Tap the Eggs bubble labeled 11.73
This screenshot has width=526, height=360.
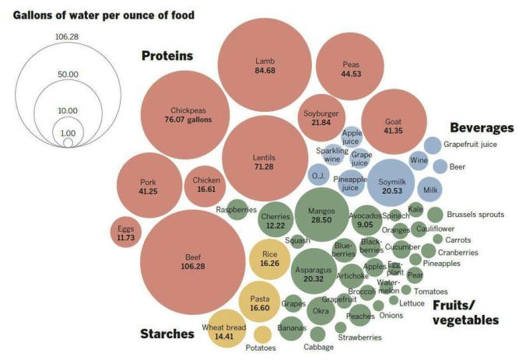point(126,233)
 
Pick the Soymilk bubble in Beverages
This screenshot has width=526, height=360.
point(392,186)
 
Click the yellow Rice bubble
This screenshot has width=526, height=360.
point(270,259)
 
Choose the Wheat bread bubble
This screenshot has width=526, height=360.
point(224,332)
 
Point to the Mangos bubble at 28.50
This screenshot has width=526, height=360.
point(321,215)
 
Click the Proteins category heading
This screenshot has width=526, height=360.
point(167,56)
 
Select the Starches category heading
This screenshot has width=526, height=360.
point(167,334)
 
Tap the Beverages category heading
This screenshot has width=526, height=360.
point(481,128)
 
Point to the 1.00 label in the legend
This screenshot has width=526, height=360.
point(68,133)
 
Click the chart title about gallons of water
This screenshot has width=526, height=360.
point(98,15)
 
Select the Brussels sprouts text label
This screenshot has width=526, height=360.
point(474,215)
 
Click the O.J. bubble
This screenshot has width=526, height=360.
point(318,176)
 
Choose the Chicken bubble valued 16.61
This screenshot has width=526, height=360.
point(206,184)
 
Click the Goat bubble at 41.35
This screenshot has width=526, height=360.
point(394,126)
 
